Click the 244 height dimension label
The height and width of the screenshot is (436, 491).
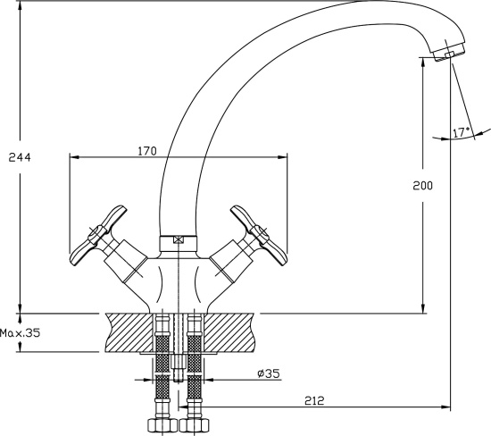[x=20, y=157]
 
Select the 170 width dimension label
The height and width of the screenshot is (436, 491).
[x=147, y=151]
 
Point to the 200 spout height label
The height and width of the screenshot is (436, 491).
[x=422, y=186]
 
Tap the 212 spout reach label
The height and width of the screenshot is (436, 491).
[x=314, y=400]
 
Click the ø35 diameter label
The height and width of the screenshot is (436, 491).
[x=269, y=373]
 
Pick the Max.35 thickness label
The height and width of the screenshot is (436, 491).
[x=20, y=332]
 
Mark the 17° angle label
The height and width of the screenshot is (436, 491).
[x=462, y=132]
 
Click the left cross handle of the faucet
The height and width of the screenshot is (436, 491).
[x=98, y=235]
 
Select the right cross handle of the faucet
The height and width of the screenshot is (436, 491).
[x=259, y=235]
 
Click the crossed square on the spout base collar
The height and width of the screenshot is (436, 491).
[x=178, y=240]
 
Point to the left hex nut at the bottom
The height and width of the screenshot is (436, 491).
[x=162, y=425]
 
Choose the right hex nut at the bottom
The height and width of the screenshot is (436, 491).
[x=194, y=425]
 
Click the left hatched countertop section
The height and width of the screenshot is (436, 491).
[x=129, y=332]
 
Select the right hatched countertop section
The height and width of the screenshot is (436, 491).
[x=229, y=332]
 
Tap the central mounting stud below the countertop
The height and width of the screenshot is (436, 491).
[x=178, y=367]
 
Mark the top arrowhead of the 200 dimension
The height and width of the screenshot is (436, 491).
[x=423, y=63]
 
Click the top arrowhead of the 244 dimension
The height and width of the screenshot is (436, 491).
[x=21, y=6]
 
